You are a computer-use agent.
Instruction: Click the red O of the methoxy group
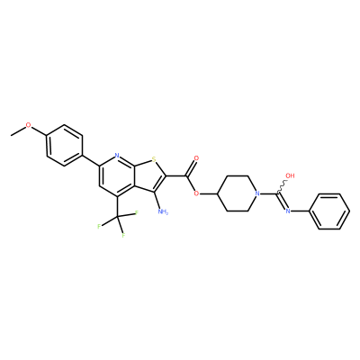point(28,125)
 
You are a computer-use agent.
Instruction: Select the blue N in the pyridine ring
point(117,156)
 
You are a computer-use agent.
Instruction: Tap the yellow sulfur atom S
point(154,158)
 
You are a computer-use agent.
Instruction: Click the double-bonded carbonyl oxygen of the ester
point(196,158)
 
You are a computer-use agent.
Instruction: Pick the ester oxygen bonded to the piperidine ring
point(196,193)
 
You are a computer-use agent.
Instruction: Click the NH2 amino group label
point(163,211)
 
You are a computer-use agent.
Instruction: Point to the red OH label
point(291,175)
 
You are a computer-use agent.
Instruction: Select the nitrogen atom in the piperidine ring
point(256,193)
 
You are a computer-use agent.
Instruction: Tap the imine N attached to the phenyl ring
point(288,211)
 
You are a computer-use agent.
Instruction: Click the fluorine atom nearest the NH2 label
point(136,212)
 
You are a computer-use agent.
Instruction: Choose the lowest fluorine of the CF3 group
point(123,235)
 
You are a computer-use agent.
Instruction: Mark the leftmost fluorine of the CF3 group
point(99,226)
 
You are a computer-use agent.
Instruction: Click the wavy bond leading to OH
point(282,186)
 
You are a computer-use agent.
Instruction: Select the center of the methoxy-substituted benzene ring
point(65,145)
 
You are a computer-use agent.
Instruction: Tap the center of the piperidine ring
point(236,193)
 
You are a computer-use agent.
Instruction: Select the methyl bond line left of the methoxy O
point(18,131)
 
